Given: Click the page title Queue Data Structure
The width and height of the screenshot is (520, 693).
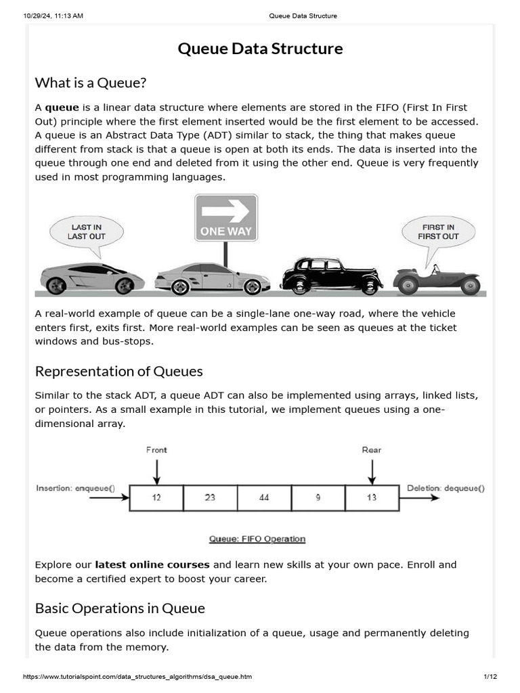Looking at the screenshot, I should click(x=260, y=49).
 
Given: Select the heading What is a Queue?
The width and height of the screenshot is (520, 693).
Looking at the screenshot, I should click(x=91, y=83).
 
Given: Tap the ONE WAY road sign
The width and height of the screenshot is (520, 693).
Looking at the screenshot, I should click(x=226, y=218).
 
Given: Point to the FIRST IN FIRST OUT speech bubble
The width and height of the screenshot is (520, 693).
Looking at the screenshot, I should click(x=438, y=232).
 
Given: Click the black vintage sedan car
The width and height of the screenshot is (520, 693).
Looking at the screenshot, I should click(x=331, y=275).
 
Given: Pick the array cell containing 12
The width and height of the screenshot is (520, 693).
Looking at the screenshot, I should click(x=156, y=497).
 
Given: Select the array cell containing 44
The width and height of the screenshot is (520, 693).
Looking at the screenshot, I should click(x=264, y=497).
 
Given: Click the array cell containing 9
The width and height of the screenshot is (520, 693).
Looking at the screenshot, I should click(x=318, y=497).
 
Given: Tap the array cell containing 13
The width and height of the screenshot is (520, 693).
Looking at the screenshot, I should click(x=372, y=497).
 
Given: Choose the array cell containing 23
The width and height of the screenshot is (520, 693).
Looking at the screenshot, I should click(x=210, y=497).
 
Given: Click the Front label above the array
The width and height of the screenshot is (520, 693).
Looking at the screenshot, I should click(x=156, y=450).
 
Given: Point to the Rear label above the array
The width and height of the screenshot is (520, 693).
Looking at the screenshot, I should click(x=372, y=450).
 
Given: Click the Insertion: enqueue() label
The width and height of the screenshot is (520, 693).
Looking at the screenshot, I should click(x=76, y=488).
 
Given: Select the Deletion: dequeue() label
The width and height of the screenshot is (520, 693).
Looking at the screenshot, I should click(x=446, y=488).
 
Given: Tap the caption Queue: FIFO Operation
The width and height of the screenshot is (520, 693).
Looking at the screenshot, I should click(x=257, y=539).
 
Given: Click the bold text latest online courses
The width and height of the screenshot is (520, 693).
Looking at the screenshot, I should click(x=152, y=564).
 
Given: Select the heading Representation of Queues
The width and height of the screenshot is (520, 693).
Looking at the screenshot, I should click(x=118, y=371).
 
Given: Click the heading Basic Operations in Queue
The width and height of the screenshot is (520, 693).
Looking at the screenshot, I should click(x=120, y=608).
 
